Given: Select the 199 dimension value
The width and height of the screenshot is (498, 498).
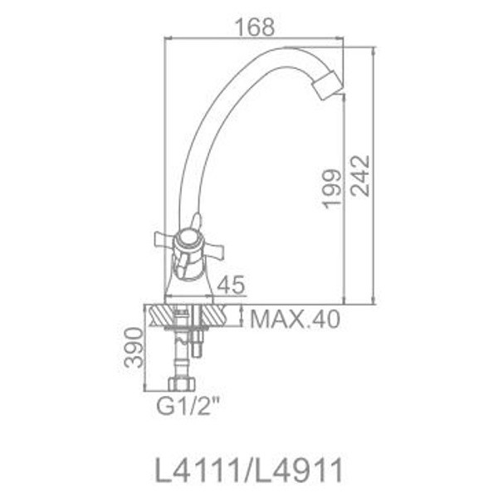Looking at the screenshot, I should pos(332,189).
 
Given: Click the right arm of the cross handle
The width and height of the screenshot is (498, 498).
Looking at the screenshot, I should pos(220,246).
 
